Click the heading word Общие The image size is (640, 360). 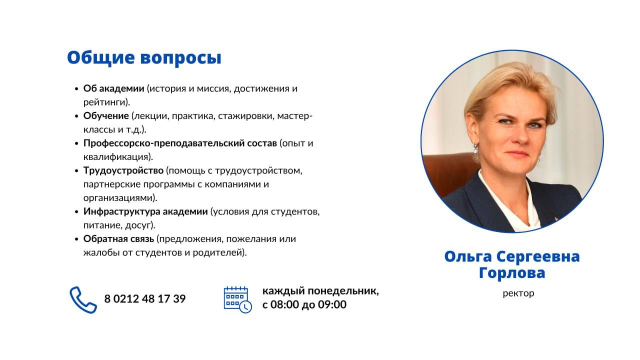click(x=101, y=58)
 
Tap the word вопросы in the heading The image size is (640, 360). click(x=181, y=59)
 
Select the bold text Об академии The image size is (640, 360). click(x=113, y=88)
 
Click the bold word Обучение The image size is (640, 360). click(x=106, y=116)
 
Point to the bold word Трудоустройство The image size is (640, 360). click(x=123, y=171)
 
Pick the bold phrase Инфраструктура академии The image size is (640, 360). click(x=145, y=211)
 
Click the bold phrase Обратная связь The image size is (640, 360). click(x=118, y=239)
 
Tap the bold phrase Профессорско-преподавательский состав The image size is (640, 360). click(x=180, y=143)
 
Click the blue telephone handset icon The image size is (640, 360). click(x=83, y=299)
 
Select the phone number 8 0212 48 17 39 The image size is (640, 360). click(x=145, y=299)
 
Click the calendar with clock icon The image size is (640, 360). click(x=237, y=299)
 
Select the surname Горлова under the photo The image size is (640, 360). click(x=512, y=273)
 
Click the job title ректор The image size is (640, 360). click(x=518, y=293)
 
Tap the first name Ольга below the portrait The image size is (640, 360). click(x=468, y=257)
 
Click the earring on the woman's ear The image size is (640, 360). click(x=475, y=149)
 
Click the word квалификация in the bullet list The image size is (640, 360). click(x=118, y=157)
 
